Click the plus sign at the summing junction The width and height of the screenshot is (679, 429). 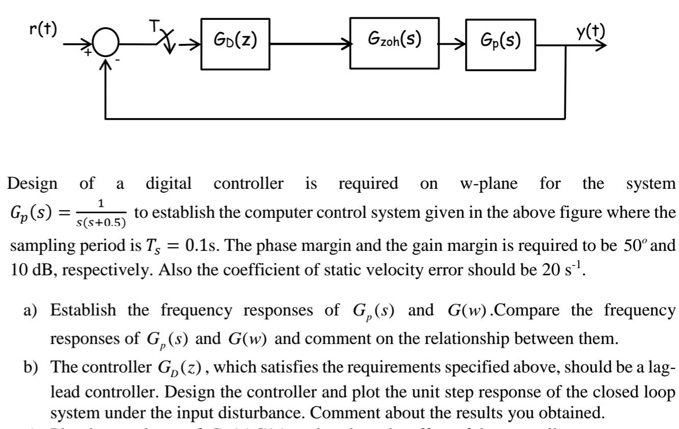pos(89,53)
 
